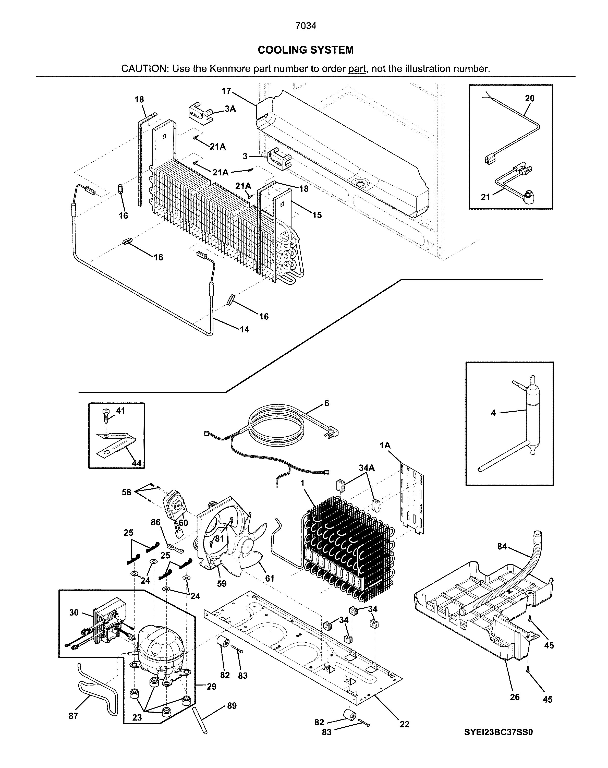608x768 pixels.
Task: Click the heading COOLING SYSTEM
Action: click(x=306, y=50)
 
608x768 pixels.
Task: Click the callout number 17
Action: click(x=226, y=91)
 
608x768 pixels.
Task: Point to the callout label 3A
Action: click(x=230, y=109)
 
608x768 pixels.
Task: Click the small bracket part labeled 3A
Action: click(x=200, y=113)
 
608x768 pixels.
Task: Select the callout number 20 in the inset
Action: click(x=529, y=98)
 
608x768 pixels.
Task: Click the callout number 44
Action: click(x=136, y=463)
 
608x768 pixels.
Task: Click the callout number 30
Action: click(x=74, y=613)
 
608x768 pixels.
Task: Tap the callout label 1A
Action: click(x=385, y=446)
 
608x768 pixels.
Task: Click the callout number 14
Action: click(x=244, y=329)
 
